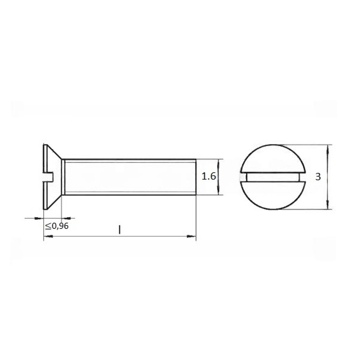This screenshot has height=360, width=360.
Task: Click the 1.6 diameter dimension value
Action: point(209,176)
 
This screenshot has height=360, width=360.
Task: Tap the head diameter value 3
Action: point(318,177)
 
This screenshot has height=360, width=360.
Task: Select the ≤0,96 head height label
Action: point(57,226)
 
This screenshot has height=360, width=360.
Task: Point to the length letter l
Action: point(120,230)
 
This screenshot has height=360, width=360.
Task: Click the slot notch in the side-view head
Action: point(49,177)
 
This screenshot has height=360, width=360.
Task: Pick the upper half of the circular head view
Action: point(274,158)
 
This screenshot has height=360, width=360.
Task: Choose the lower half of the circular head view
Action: point(274,195)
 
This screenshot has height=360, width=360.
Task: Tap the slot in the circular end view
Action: point(273,177)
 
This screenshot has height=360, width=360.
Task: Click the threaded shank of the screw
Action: point(130,177)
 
